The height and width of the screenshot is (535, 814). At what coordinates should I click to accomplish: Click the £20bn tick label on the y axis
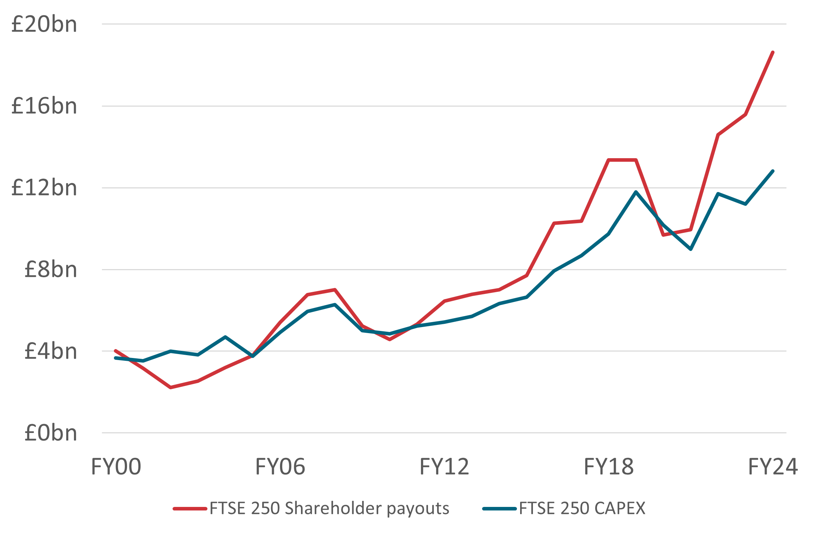[x=44, y=25]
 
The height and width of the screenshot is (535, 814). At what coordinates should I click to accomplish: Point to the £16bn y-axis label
[x=44, y=106]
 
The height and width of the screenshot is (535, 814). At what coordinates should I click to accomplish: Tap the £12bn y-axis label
[x=44, y=188]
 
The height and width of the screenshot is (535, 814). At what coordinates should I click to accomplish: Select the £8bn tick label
[x=51, y=269]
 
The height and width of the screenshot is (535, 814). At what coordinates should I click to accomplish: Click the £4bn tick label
[x=51, y=351]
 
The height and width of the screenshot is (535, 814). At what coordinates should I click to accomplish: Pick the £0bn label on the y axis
[x=51, y=433]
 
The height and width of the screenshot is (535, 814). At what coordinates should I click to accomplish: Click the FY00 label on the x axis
[x=116, y=467]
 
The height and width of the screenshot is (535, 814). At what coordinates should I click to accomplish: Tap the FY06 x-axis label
[x=280, y=467]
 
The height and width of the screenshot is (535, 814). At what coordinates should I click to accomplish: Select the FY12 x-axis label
[x=444, y=467]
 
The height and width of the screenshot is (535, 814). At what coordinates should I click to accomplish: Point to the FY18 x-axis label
[x=609, y=467]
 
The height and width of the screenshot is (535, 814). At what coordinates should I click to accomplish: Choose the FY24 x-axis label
[x=773, y=467]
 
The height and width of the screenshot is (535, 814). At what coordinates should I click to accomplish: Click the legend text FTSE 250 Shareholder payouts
[x=329, y=508]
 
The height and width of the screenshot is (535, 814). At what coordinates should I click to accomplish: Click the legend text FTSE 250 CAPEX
[x=582, y=508]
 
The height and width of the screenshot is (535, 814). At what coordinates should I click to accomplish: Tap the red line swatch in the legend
[x=190, y=509]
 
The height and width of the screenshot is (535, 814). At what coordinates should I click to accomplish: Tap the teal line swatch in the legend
[x=499, y=509]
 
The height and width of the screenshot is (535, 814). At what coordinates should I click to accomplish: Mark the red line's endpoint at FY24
[x=773, y=53]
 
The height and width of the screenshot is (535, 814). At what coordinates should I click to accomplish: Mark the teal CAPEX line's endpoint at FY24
[x=773, y=171]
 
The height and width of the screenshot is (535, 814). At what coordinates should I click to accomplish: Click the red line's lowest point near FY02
[x=171, y=387]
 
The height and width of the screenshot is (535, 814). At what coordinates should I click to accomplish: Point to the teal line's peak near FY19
[x=636, y=192]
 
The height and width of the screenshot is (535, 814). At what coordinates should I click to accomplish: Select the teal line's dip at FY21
[x=691, y=249]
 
